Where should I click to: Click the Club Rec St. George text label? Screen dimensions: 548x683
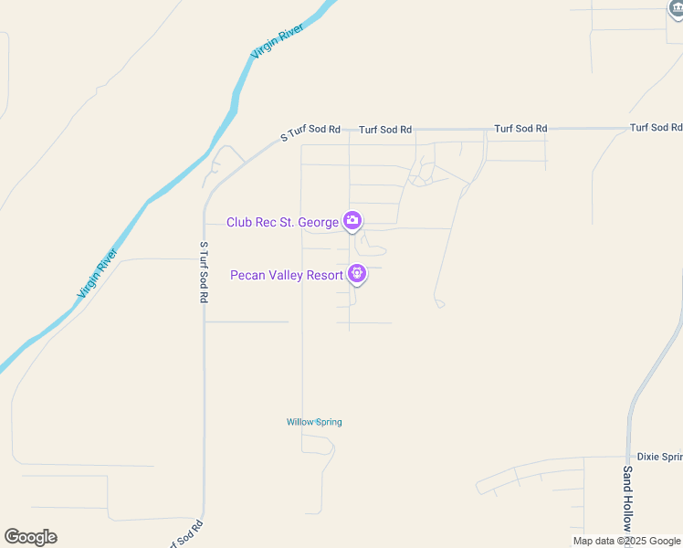(x=282, y=222)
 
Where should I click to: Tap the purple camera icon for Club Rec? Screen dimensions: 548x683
(x=352, y=221)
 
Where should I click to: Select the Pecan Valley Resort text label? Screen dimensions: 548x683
(x=286, y=274)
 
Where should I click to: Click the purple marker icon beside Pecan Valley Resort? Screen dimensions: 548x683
(x=357, y=273)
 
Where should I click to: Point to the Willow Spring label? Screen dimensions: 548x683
(x=314, y=422)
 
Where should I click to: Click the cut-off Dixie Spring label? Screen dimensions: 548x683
(x=659, y=457)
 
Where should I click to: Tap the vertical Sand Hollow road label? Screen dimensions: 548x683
(x=627, y=499)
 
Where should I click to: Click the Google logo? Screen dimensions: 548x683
(x=30, y=537)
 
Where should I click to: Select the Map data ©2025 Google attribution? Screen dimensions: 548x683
(x=626, y=542)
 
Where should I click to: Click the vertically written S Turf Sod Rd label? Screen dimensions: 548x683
(x=204, y=272)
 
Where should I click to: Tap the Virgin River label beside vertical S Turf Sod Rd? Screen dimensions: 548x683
(x=99, y=274)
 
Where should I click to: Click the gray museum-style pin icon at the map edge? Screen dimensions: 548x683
(x=677, y=6)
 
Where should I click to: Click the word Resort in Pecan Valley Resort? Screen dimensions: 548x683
(x=322, y=274)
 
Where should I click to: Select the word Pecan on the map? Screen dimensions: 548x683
(x=247, y=274)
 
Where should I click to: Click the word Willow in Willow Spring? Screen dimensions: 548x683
(x=299, y=422)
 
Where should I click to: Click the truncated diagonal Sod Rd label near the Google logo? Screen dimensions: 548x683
(x=183, y=532)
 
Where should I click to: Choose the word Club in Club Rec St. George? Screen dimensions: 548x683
(x=240, y=222)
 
